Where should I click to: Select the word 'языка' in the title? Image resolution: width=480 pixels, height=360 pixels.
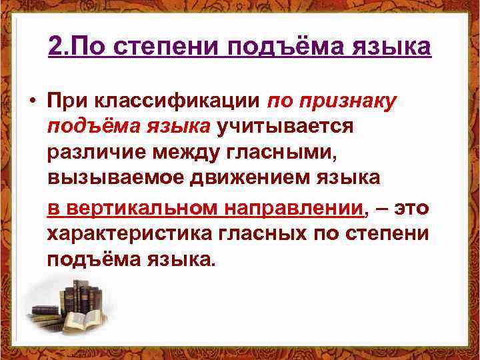tap(393, 47)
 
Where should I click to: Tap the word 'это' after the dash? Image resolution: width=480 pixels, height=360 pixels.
tap(411, 207)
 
